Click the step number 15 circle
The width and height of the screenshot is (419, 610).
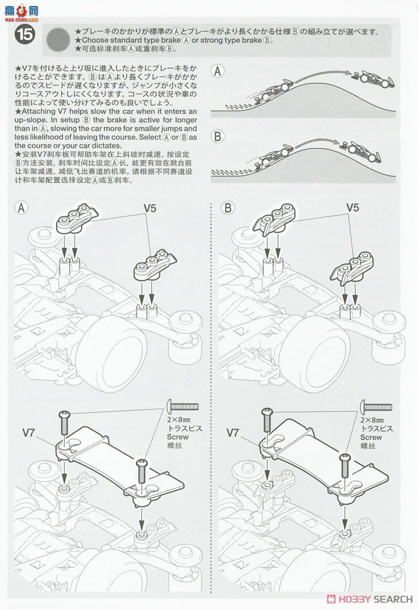pos(25,35)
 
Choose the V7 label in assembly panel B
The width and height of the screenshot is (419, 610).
pos(233,432)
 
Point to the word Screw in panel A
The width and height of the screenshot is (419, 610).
pos(177,437)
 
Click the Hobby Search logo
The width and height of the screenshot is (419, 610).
pos(369,598)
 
